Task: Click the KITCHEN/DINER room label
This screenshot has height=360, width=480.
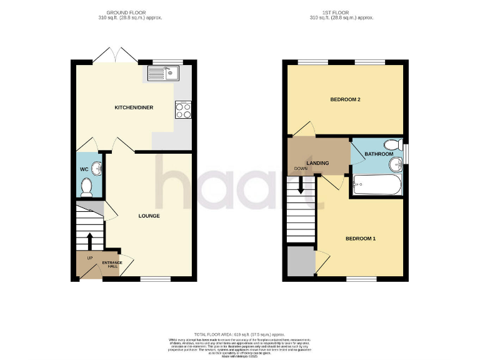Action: pos(133,107)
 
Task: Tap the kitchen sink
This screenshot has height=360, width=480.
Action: pos(162,76)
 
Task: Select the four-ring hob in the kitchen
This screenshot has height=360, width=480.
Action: pos(183,110)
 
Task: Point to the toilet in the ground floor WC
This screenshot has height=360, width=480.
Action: pos(87,185)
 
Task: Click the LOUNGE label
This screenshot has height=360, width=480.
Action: pos(149,216)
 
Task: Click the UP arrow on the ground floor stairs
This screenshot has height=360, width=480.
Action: pos(89,241)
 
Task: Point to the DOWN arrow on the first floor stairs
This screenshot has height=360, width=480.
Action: pos(301,186)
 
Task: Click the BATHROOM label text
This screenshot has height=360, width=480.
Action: pos(379,154)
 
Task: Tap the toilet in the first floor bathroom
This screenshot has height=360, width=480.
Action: pos(393,143)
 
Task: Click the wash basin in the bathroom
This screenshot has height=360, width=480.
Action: pos(396,164)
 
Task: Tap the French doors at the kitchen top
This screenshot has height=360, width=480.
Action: pos(119,55)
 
